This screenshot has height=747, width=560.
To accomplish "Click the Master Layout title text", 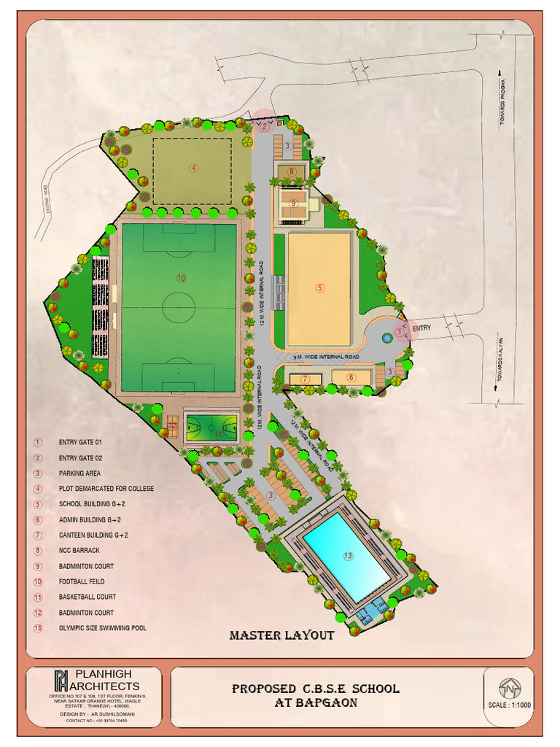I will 281,635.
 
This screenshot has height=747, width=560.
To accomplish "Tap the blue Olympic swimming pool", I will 346,557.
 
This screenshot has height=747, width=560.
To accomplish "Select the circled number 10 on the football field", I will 181,277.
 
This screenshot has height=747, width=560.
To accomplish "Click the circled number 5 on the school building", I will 319,288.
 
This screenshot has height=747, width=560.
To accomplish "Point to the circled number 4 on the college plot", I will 193,167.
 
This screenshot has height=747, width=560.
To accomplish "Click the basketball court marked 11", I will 211,427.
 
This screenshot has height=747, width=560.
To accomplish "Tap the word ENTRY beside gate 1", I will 421,328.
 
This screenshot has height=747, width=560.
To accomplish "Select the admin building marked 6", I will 351,377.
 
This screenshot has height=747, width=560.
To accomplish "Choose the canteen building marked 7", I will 306,379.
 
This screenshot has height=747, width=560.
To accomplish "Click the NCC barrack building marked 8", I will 292,172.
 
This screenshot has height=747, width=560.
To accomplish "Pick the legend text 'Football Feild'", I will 82,581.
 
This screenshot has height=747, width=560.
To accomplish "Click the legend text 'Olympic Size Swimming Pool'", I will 103,628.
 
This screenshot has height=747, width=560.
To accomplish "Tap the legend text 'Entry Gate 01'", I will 80,442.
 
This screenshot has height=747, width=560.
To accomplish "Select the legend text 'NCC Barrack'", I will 79,551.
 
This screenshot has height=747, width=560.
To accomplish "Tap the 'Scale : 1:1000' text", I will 509,705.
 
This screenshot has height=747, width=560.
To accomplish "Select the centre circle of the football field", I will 179,307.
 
